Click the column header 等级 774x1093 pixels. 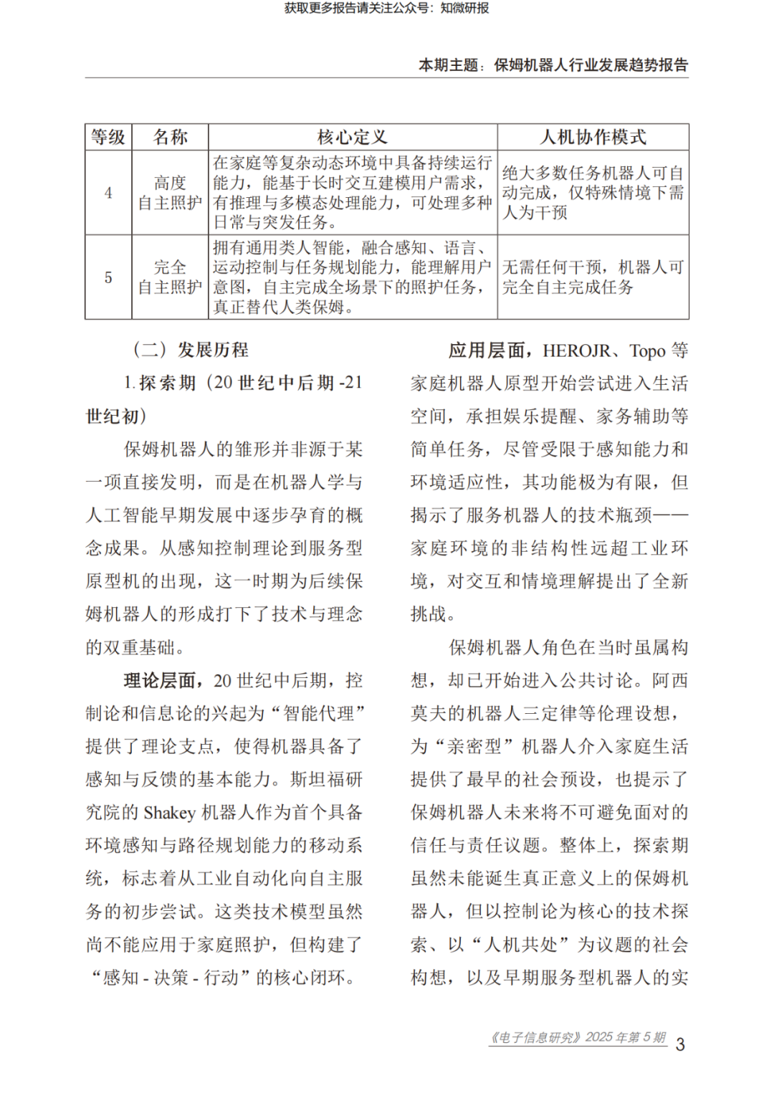click(108, 137)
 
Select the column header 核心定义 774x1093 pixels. click(353, 137)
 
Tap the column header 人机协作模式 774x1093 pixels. click(593, 137)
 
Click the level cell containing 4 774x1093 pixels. click(108, 193)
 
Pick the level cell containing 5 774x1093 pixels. click(108, 277)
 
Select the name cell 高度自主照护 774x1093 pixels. click(170, 193)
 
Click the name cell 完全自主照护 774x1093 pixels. click(170, 277)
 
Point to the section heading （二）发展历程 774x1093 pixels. click(191, 350)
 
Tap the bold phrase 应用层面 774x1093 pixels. click(487, 350)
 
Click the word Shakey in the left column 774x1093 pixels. click(169, 813)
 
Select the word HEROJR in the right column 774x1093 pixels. click(576, 350)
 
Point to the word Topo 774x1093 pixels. click(647, 350)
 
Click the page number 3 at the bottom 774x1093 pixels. click(680, 1044)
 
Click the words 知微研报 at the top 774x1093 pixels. click(464, 9)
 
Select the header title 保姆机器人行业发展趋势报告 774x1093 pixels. click(591, 65)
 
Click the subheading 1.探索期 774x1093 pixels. click(160, 383)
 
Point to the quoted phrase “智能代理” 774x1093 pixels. click(315, 714)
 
